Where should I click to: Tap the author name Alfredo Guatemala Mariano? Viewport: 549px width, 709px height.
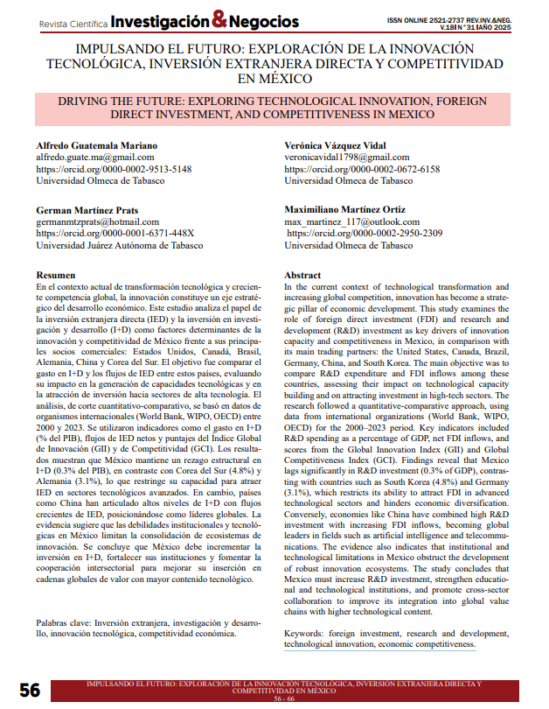coord(97,144)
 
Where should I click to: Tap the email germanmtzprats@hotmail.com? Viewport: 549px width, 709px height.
coord(97,222)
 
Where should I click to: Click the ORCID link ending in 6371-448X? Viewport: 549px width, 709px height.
coord(115,234)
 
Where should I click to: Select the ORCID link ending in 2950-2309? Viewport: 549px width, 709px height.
coord(365,234)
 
